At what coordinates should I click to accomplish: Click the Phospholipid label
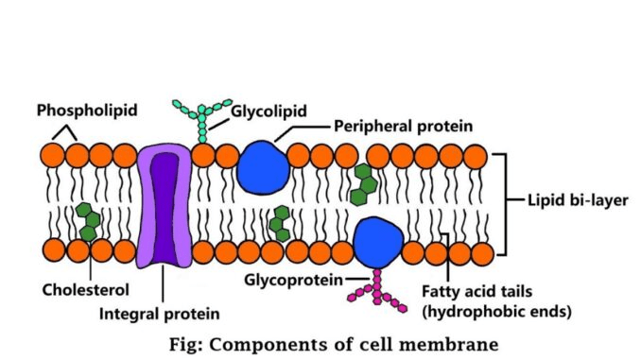tap(87, 111)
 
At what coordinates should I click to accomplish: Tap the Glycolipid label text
tap(269, 111)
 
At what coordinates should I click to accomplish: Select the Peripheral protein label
tap(403, 126)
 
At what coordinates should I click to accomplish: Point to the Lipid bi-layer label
tap(578, 200)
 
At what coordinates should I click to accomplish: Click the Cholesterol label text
tap(85, 290)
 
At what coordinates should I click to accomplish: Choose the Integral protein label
tap(160, 314)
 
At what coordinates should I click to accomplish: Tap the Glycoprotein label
tap(293, 281)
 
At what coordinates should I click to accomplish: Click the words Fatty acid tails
tap(476, 292)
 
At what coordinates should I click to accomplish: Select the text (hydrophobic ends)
tap(496, 312)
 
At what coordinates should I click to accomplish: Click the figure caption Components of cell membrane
tap(354, 344)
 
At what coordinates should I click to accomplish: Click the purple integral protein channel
tap(165, 206)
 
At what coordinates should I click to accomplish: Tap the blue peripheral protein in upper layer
tap(263, 166)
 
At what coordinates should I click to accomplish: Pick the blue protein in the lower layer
tap(378, 242)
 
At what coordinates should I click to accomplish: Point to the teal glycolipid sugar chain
tap(202, 121)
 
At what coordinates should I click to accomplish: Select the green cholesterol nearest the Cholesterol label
tap(88, 221)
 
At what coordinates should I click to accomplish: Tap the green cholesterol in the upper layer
tap(363, 184)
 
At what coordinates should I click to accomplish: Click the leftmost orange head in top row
tap(52, 155)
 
